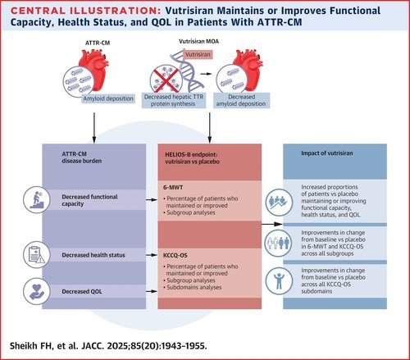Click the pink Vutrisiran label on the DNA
198,54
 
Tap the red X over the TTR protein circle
166,80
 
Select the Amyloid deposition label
108,98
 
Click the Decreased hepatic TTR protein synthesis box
174,100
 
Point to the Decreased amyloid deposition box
241,100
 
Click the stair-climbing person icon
36,199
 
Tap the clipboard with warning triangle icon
36,255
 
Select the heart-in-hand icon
36,291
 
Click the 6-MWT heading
173,188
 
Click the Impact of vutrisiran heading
327,153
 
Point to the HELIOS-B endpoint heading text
192,158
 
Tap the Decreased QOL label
82,291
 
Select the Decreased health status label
93,255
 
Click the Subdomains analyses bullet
193,287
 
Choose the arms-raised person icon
279,280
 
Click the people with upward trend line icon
279,203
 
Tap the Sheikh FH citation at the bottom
108,346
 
